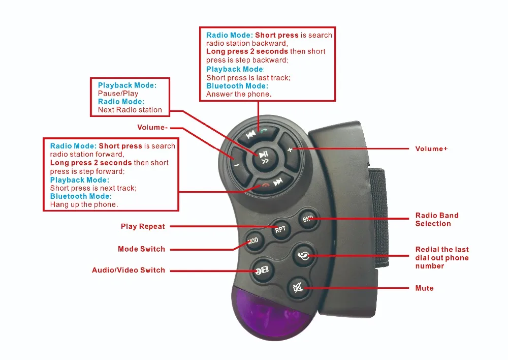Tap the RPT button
tap(280, 229)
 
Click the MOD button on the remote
tap(253, 241)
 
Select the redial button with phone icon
tap(303, 256)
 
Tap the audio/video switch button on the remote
tap(263, 270)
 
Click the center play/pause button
tap(265, 157)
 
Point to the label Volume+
tap(431, 148)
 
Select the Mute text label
tap(424, 288)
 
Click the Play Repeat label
tap(143, 226)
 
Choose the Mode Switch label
tap(141, 249)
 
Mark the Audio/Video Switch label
tap(129, 270)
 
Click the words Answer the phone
tap(239, 94)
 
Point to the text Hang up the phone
tap(84, 204)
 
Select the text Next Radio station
tap(130, 110)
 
